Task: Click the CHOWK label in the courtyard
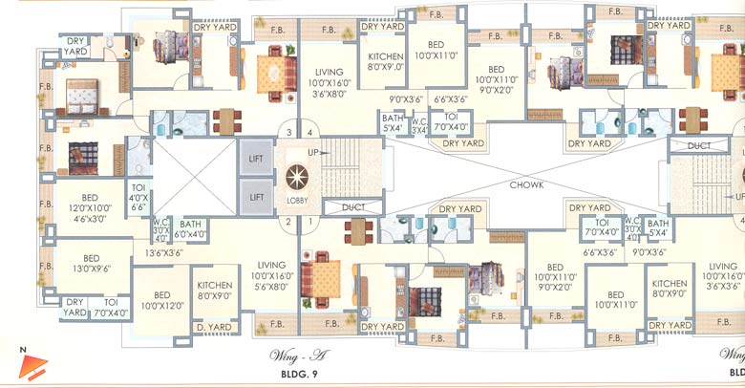pyautogui.click(x=526, y=184)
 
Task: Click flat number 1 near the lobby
pyautogui.click(x=309, y=222)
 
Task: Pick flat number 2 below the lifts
pyautogui.click(x=286, y=222)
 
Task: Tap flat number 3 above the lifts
pyautogui.click(x=286, y=133)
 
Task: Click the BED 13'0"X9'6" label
pyautogui.click(x=92, y=264)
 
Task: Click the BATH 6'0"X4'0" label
pyautogui.click(x=190, y=228)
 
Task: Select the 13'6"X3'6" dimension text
pyautogui.click(x=164, y=253)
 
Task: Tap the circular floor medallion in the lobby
pyautogui.click(x=296, y=179)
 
